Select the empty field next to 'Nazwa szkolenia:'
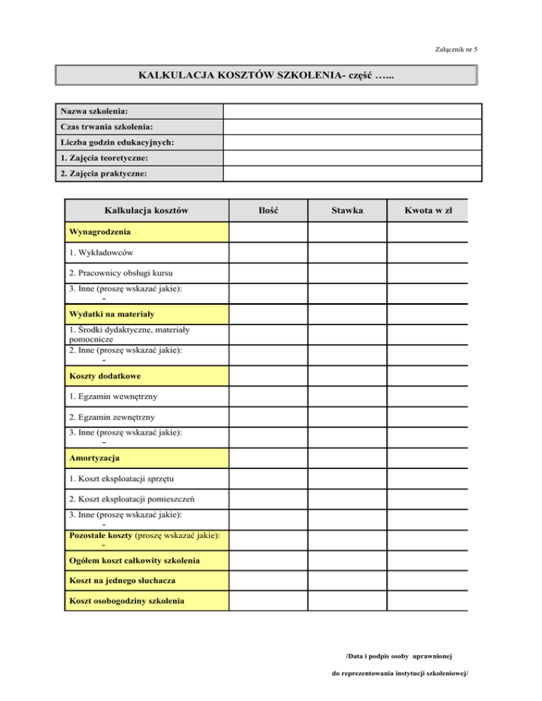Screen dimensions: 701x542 coord(352,111)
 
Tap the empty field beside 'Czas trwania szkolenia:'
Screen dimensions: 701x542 coord(352,127)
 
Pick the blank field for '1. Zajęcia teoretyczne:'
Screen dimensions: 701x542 coord(352,158)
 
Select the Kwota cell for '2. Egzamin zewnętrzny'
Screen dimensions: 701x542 coord(428,417)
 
